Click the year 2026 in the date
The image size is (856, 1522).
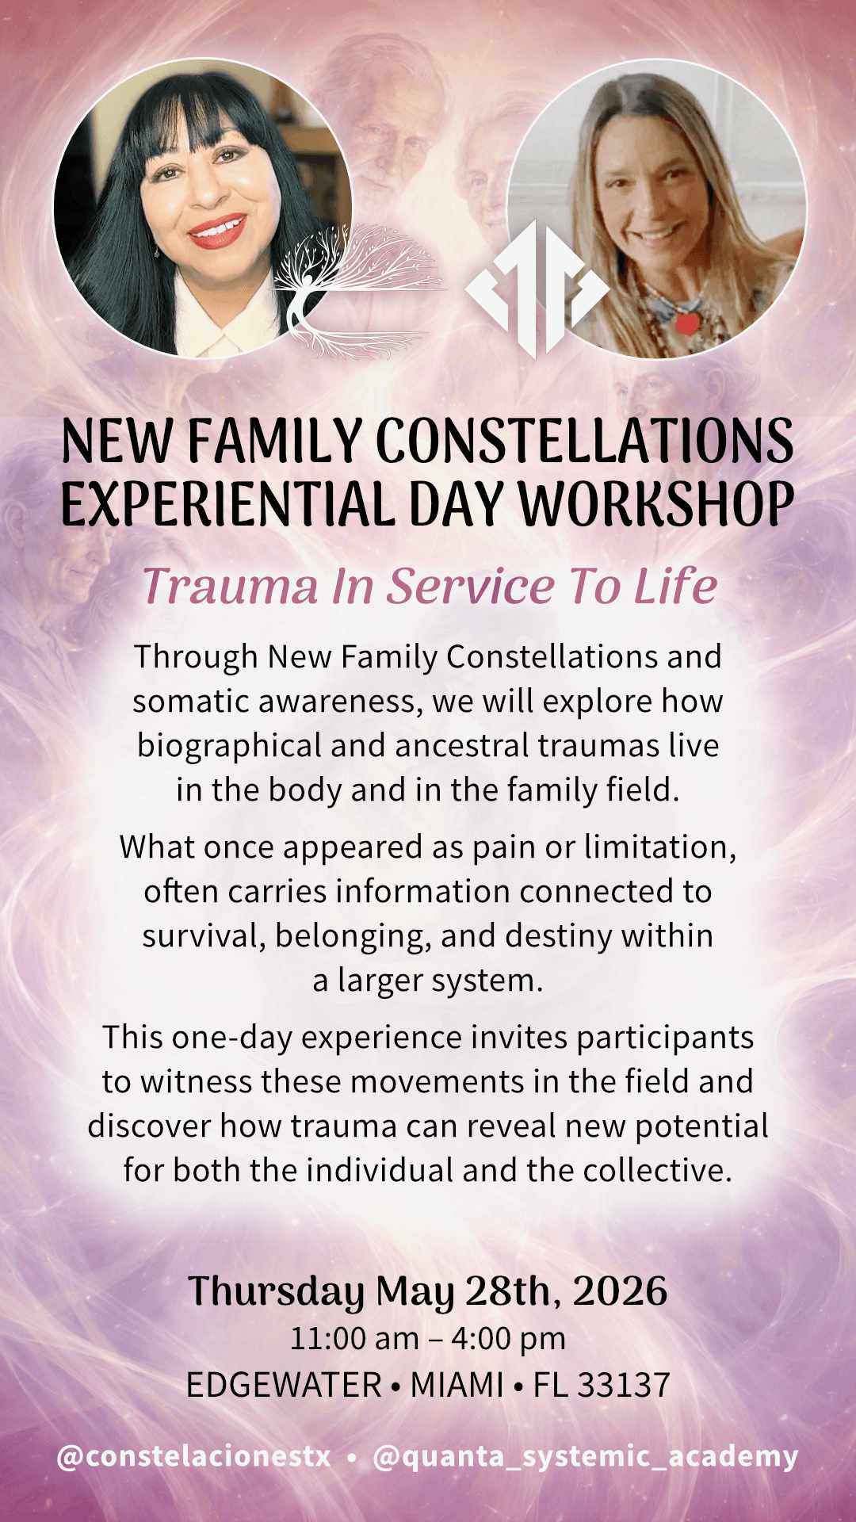620,1291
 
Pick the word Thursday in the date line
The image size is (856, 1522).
276,1293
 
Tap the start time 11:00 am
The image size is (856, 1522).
354,1339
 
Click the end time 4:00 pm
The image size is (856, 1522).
508,1339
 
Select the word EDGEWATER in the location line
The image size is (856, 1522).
284,1386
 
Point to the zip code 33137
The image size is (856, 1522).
624,1386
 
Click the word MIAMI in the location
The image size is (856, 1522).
457,1386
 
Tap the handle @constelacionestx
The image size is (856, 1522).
193,1457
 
